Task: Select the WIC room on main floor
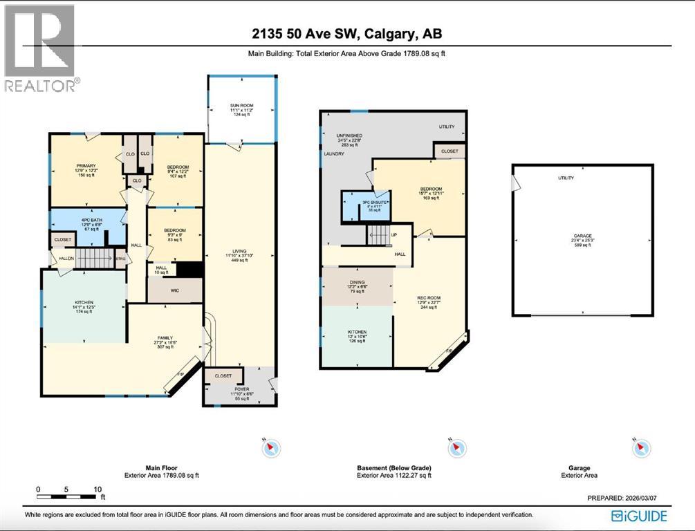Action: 174,290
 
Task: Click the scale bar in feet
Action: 70,495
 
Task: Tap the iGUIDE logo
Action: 639,516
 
